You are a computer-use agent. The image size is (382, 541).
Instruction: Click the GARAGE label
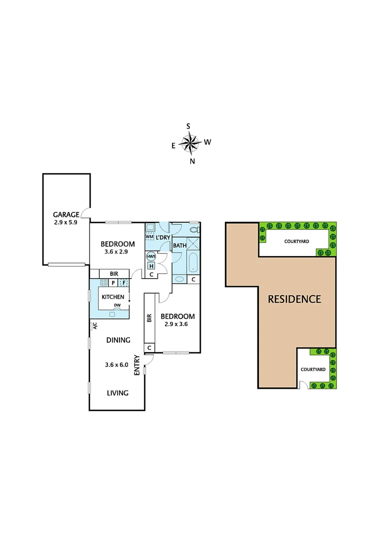click(66, 214)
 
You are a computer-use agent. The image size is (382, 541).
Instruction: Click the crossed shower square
click(193, 245)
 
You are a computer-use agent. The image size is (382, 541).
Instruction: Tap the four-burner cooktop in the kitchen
click(104, 283)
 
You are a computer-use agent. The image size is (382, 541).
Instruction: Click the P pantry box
click(113, 283)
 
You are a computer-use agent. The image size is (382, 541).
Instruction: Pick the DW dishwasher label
click(117, 305)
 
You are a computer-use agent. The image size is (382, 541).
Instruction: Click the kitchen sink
click(113, 314)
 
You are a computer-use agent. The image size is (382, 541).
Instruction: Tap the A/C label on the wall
click(93, 326)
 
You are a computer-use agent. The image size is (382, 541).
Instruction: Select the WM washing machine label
click(149, 236)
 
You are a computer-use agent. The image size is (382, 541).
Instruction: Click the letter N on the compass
click(192, 161)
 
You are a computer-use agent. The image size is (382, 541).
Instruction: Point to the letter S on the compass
click(188, 126)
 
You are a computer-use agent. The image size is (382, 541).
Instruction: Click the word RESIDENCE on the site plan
click(294, 299)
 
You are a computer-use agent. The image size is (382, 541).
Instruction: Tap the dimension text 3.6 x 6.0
click(117, 365)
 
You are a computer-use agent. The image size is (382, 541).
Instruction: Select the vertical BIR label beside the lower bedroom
click(149, 318)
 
